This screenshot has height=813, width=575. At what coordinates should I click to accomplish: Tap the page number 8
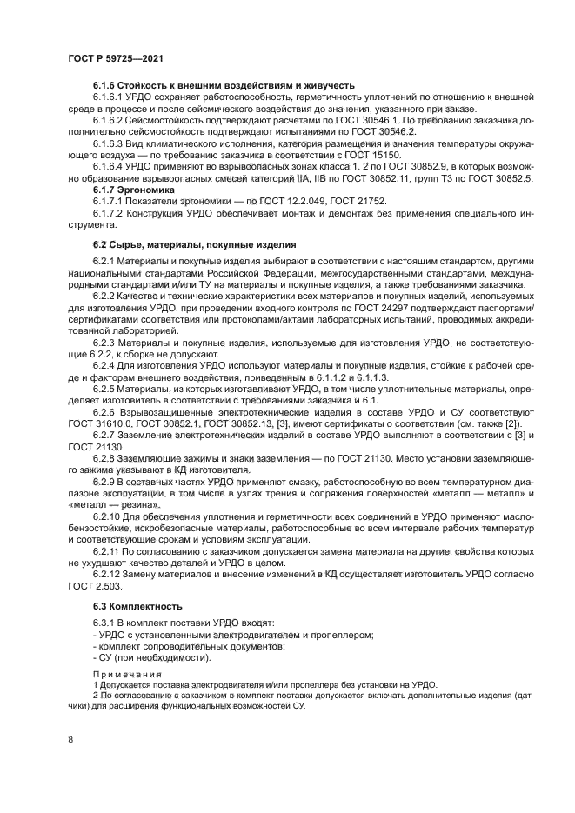(x=70, y=739)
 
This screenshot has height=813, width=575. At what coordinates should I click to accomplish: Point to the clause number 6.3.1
(x=104, y=623)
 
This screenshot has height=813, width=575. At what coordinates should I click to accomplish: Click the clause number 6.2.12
(x=108, y=575)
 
